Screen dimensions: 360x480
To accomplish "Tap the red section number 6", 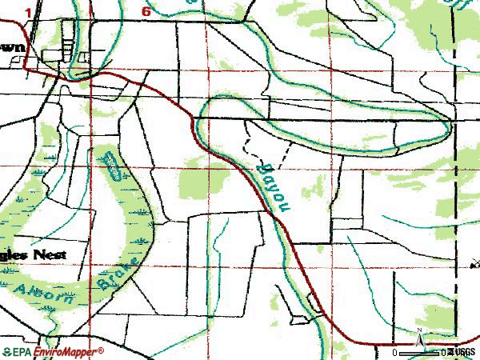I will (146, 11).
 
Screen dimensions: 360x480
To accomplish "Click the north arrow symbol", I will (418, 340).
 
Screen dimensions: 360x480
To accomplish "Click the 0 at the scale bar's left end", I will (395, 352).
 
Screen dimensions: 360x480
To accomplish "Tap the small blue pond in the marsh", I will (112, 170).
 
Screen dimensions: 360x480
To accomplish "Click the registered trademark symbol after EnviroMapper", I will (102, 350).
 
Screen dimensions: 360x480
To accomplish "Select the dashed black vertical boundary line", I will (454, 200).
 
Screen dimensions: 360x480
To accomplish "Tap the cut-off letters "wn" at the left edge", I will (13, 46).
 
